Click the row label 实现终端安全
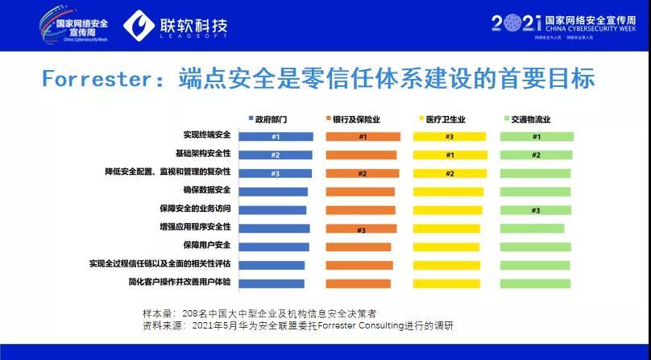point(207,137)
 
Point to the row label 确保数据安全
point(207,191)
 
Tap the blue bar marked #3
point(276,173)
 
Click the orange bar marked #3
point(363,229)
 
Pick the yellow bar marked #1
point(450,155)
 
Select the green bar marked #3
point(535,210)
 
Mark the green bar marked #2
point(537,155)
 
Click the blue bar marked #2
point(276,155)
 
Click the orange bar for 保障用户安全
point(359,246)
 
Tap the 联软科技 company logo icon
point(142,27)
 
